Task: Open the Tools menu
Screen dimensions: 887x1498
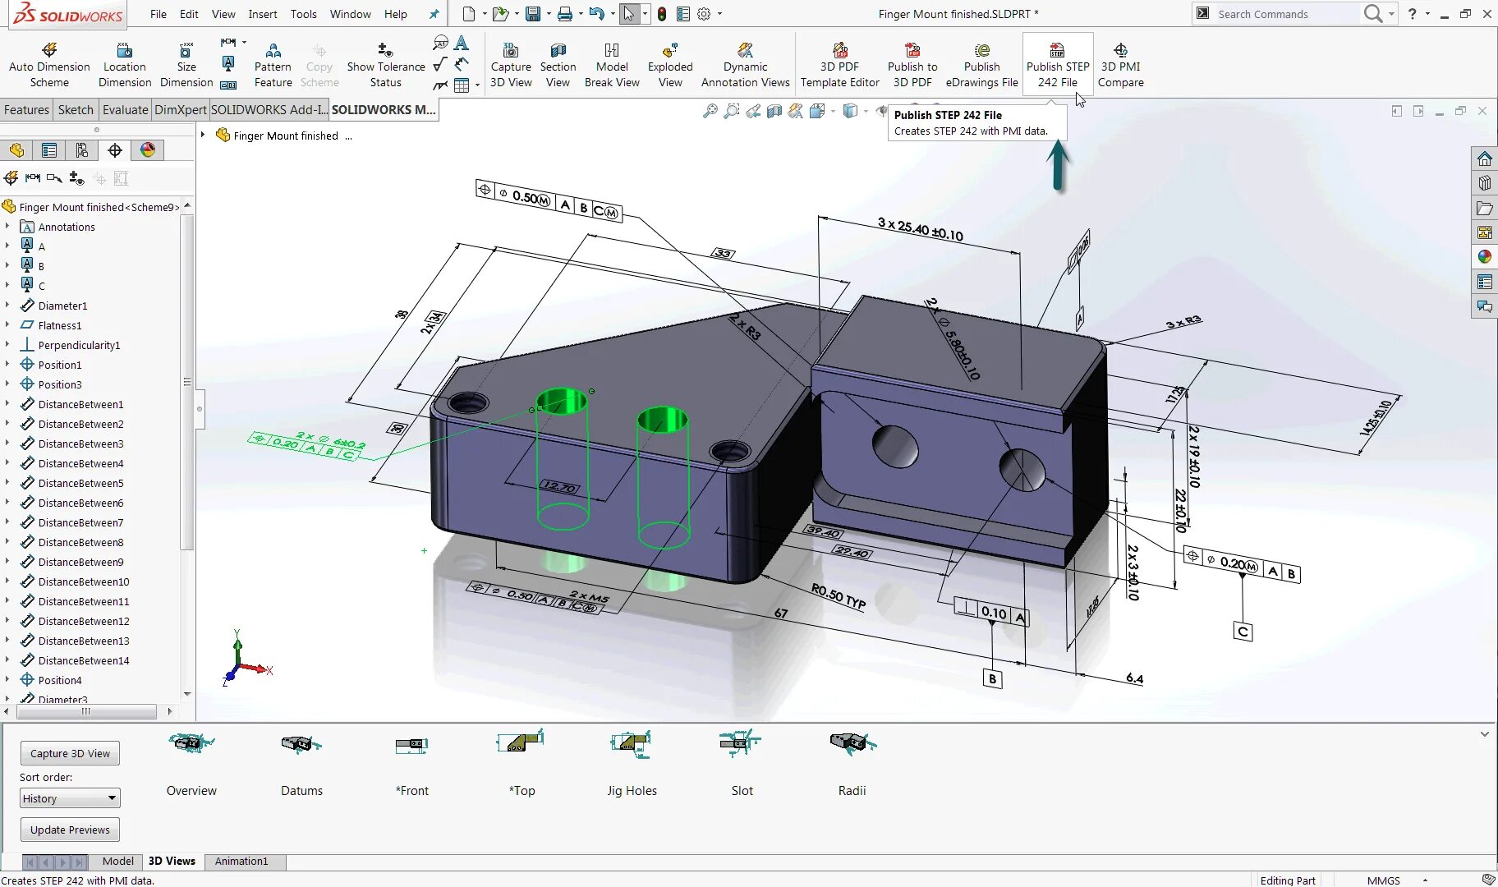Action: (303, 14)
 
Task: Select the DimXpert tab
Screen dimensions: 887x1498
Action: (180, 109)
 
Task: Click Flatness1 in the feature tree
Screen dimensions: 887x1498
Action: (59, 325)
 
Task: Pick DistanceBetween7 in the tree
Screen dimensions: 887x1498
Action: (80, 522)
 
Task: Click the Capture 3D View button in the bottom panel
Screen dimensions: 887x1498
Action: (70, 753)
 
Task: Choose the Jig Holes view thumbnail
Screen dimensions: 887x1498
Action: (631, 764)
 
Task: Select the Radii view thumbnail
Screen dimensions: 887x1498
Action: (852, 764)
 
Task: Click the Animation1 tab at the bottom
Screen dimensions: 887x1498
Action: (241, 861)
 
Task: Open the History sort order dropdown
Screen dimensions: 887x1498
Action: (70, 798)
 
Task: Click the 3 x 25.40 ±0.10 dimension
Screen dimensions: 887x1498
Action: (920, 228)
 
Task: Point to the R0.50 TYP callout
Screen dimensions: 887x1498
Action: (838, 595)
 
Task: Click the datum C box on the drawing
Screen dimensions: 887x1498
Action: (1243, 632)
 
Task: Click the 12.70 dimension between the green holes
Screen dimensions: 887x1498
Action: (559, 486)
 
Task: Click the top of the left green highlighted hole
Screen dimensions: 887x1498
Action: (562, 401)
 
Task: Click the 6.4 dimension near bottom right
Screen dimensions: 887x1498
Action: (1134, 678)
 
